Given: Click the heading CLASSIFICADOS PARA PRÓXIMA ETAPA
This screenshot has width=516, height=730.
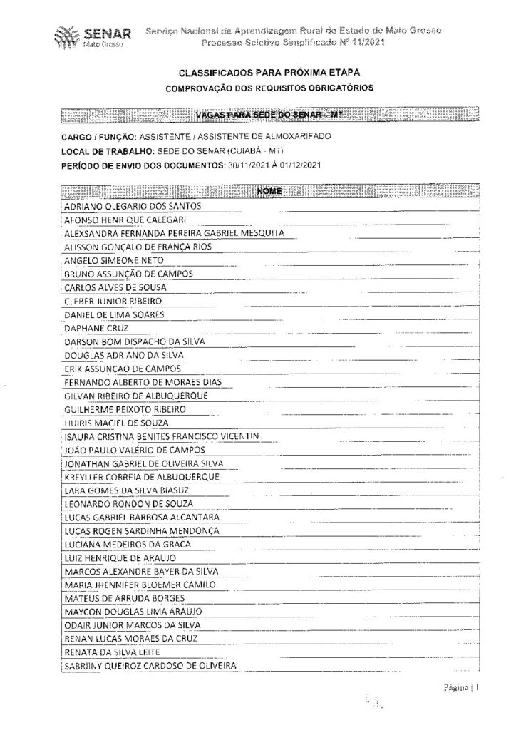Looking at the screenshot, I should [269, 73].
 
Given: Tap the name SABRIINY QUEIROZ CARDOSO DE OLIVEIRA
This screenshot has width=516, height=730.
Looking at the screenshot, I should [150, 666].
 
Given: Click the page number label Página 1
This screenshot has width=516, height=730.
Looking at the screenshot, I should [467, 689].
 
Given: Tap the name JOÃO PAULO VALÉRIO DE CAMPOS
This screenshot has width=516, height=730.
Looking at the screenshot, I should [135, 450].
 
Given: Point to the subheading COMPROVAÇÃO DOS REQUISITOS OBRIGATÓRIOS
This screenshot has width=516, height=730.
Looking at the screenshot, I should [269, 88].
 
